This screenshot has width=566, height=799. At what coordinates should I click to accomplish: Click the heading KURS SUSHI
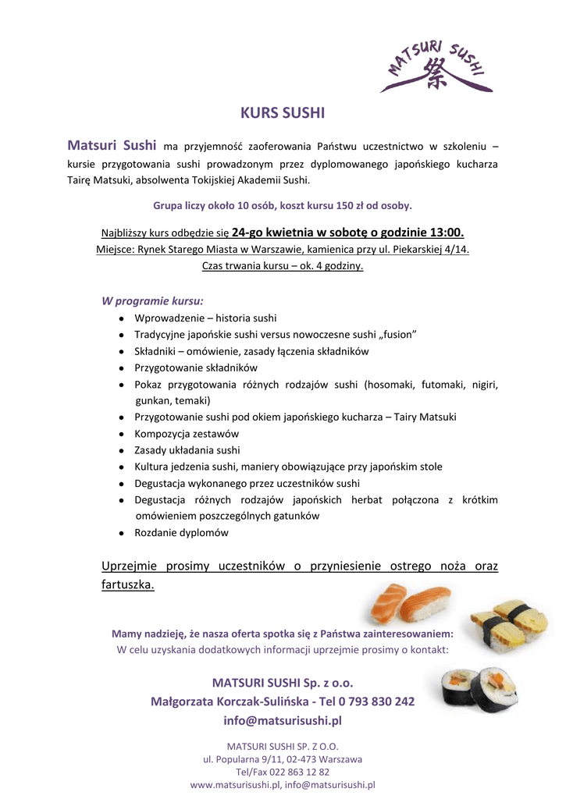click(283, 112)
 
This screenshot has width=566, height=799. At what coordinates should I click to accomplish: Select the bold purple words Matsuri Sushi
click(112, 145)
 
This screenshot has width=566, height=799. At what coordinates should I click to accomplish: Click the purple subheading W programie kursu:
click(153, 300)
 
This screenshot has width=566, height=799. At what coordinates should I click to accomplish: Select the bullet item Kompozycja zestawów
click(187, 433)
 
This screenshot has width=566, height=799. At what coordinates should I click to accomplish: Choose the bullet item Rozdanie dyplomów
click(181, 533)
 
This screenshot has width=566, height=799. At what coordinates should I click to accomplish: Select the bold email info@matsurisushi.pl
click(283, 720)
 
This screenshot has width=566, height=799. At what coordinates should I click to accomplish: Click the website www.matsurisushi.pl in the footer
click(235, 784)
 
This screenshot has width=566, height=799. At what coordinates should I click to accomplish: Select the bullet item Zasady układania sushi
click(187, 450)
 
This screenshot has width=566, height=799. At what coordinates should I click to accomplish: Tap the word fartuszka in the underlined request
click(126, 584)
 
